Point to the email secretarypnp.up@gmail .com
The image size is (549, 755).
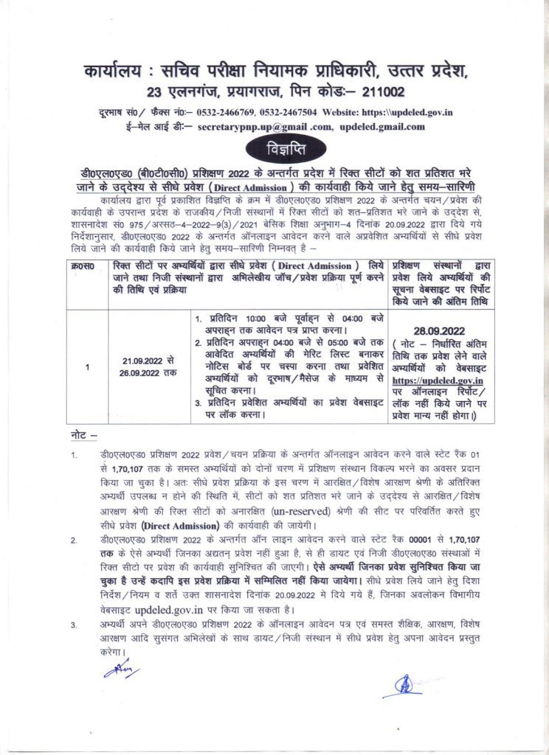click(264, 126)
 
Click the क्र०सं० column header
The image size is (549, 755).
click(88, 264)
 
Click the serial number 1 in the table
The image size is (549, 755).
click(88, 366)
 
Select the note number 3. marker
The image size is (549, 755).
click(74, 625)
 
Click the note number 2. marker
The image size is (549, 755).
click(74, 541)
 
